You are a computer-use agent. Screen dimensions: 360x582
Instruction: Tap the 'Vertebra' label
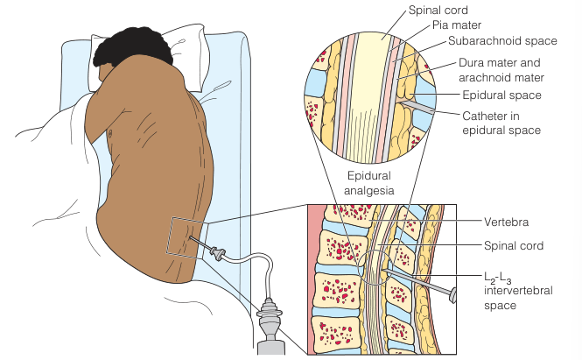click(507, 222)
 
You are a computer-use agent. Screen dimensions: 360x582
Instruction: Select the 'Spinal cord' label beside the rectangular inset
click(514, 247)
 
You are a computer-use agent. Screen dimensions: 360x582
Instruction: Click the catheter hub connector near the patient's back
click(217, 256)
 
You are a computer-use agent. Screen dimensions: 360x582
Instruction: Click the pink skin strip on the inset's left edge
click(312, 280)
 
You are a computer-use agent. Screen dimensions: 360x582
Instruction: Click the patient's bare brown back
click(149, 166)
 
